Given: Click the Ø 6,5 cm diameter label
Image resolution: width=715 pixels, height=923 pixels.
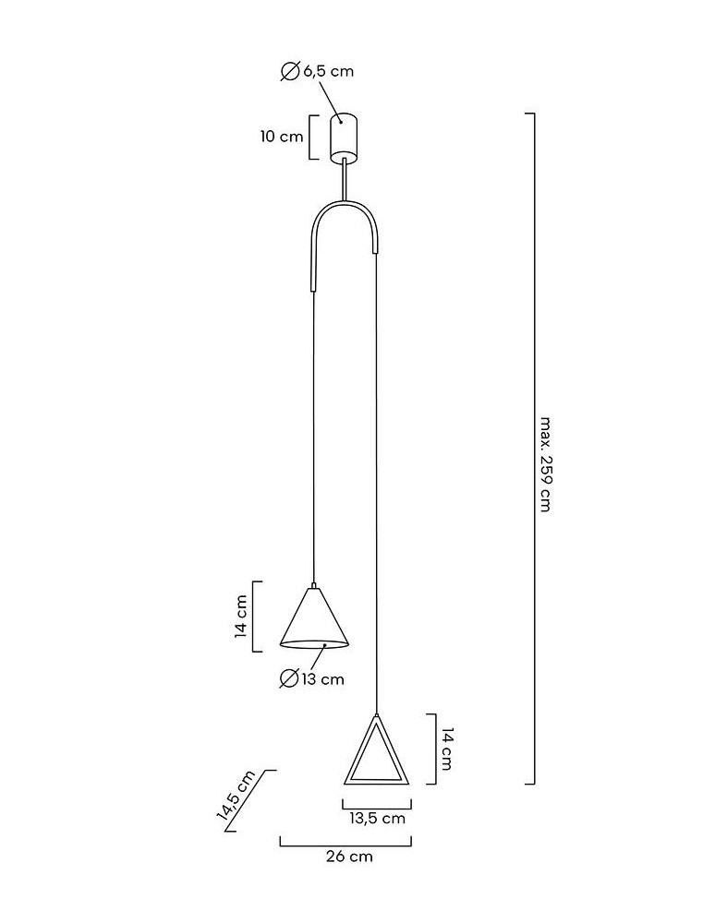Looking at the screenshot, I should [317, 71].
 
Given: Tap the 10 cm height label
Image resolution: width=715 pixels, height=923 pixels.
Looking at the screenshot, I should [282, 137].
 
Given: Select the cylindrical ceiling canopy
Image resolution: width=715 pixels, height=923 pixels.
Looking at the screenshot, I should [344, 135].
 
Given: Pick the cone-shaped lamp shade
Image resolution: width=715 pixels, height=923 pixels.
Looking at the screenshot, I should [315, 617].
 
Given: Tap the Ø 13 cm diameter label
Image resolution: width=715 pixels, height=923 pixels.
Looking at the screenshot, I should [312, 679].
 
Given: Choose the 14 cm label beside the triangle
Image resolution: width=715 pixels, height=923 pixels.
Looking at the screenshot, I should [446, 749].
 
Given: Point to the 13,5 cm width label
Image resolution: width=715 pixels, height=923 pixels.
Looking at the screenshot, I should [377, 818].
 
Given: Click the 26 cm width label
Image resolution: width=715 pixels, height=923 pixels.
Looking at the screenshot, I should [349, 857].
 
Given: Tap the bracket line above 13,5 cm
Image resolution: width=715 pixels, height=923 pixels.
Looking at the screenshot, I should [376, 804].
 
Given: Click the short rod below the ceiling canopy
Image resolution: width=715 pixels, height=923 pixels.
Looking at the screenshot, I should [345, 176].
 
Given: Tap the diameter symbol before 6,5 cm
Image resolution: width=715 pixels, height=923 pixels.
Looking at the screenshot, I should [289, 71].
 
